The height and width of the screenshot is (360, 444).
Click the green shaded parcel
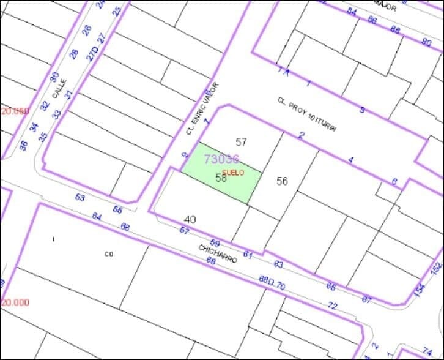pyautogui.click(x=223, y=174)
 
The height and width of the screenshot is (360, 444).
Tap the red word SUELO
pyautogui.click(x=233, y=173)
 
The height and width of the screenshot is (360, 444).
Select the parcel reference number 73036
pyautogui.click(x=221, y=159)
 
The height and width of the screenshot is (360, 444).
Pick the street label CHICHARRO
pyautogui.click(x=217, y=253)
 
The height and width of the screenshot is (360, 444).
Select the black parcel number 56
pyautogui.click(x=282, y=181)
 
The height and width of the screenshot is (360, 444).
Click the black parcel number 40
pyautogui.click(x=190, y=219)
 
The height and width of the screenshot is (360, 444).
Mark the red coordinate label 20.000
pyautogui.click(x=15, y=302)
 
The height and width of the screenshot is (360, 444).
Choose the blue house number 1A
pyautogui.click(x=283, y=71)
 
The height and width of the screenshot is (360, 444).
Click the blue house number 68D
pyautogui.click(x=265, y=280)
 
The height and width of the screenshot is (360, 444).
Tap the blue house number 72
pyautogui.click(x=332, y=305)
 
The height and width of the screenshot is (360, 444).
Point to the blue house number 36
pyautogui.click(x=24, y=146)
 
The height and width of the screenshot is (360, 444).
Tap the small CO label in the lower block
pyautogui.click(x=109, y=253)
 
